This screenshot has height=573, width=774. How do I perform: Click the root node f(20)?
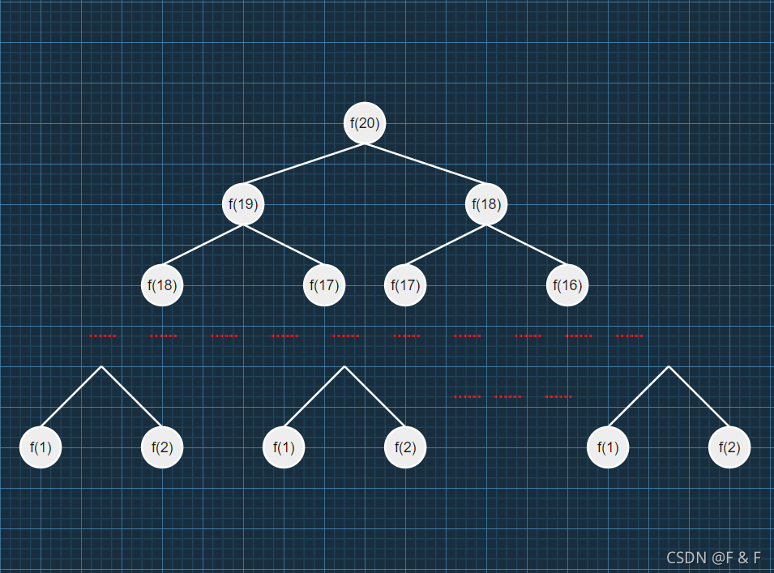(365, 123)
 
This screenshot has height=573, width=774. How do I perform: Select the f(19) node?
(243, 204)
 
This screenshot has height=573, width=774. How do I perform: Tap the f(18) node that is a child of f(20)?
(486, 204)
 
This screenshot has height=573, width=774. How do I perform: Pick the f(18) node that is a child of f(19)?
(162, 285)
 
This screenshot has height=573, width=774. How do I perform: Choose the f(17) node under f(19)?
(324, 285)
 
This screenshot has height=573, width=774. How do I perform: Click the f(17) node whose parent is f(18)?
(405, 285)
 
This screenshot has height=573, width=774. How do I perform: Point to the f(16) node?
(567, 285)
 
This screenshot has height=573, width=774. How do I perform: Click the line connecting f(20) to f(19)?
(304, 164)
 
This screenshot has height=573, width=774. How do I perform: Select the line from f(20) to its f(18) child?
(425, 164)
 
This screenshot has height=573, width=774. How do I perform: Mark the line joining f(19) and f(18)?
(203, 245)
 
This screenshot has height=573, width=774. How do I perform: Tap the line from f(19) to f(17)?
(284, 245)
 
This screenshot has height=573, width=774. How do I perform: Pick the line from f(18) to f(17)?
(446, 245)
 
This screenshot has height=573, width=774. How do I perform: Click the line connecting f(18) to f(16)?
(527, 245)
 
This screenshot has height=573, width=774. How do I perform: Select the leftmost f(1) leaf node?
(41, 447)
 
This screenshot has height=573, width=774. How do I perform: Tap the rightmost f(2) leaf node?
(729, 447)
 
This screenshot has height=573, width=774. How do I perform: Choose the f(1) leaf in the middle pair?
(284, 447)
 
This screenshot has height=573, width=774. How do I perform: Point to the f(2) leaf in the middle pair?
(405, 447)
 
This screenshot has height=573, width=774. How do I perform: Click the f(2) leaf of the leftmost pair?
(162, 447)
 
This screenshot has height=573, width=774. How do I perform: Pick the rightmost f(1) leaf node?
(608, 447)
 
